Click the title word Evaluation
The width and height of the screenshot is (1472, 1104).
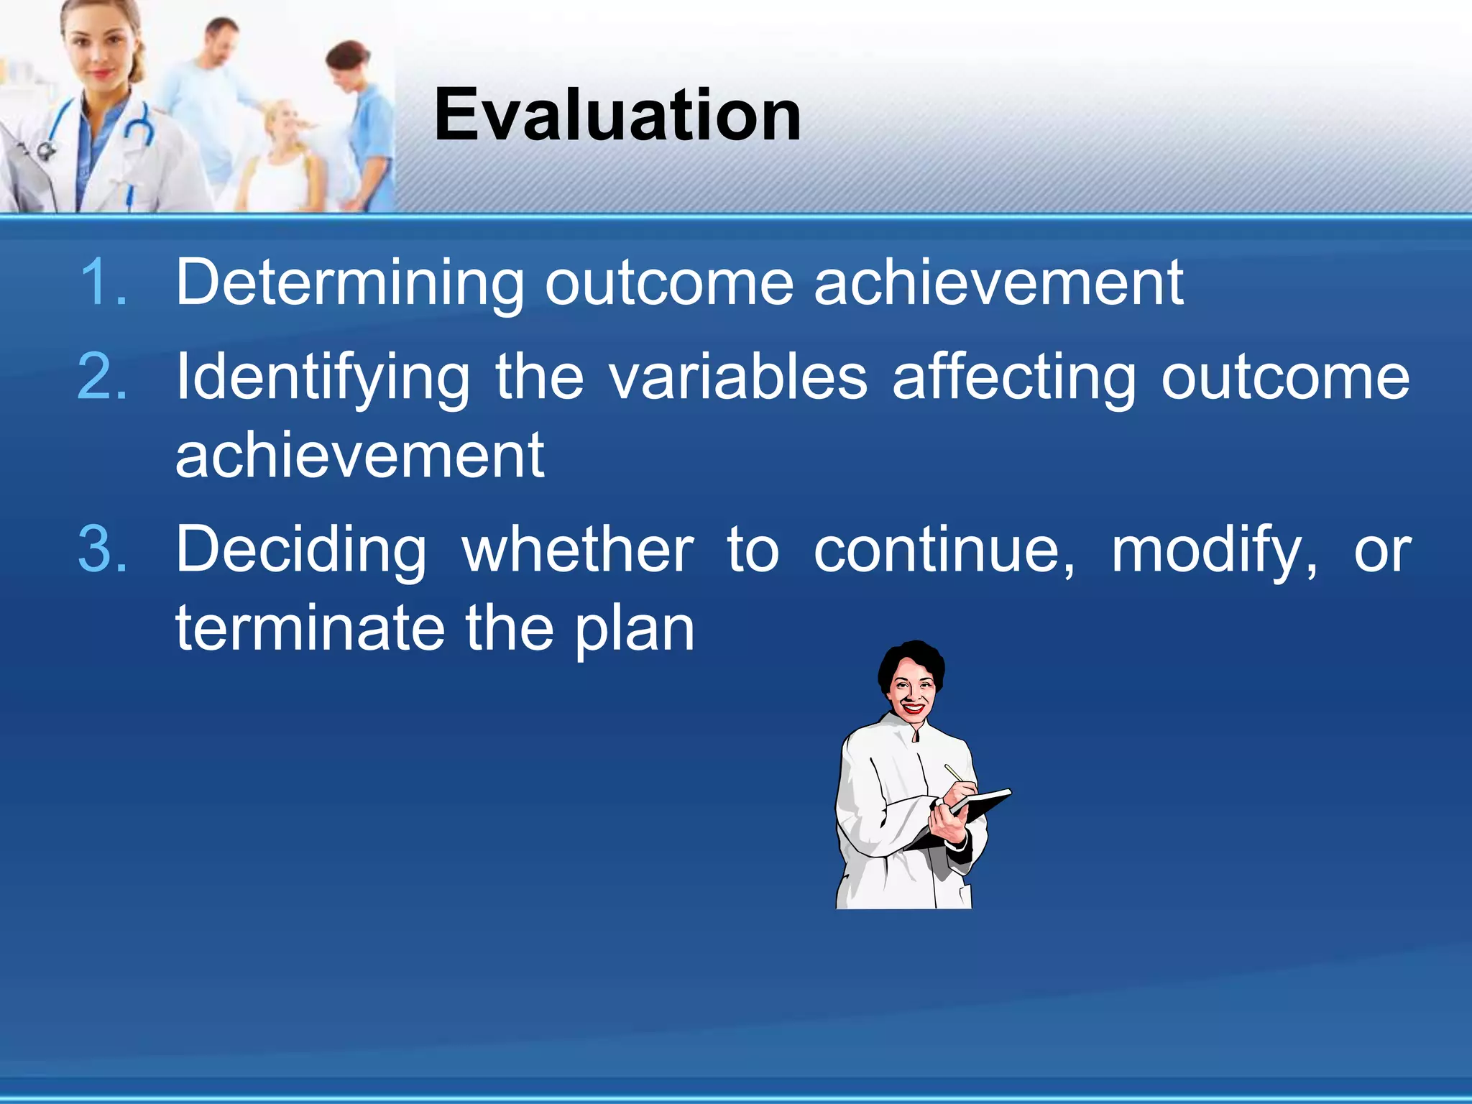(617, 115)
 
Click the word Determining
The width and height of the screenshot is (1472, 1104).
(349, 282)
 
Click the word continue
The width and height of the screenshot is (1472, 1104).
(943, 550)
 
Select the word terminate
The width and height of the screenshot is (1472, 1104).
(309, 627)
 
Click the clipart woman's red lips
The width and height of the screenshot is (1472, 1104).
(913, 708)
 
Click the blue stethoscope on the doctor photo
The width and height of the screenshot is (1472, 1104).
(140, 126)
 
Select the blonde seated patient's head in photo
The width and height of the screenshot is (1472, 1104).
(284, 122)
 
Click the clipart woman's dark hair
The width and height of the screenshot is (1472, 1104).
(911, 658)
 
